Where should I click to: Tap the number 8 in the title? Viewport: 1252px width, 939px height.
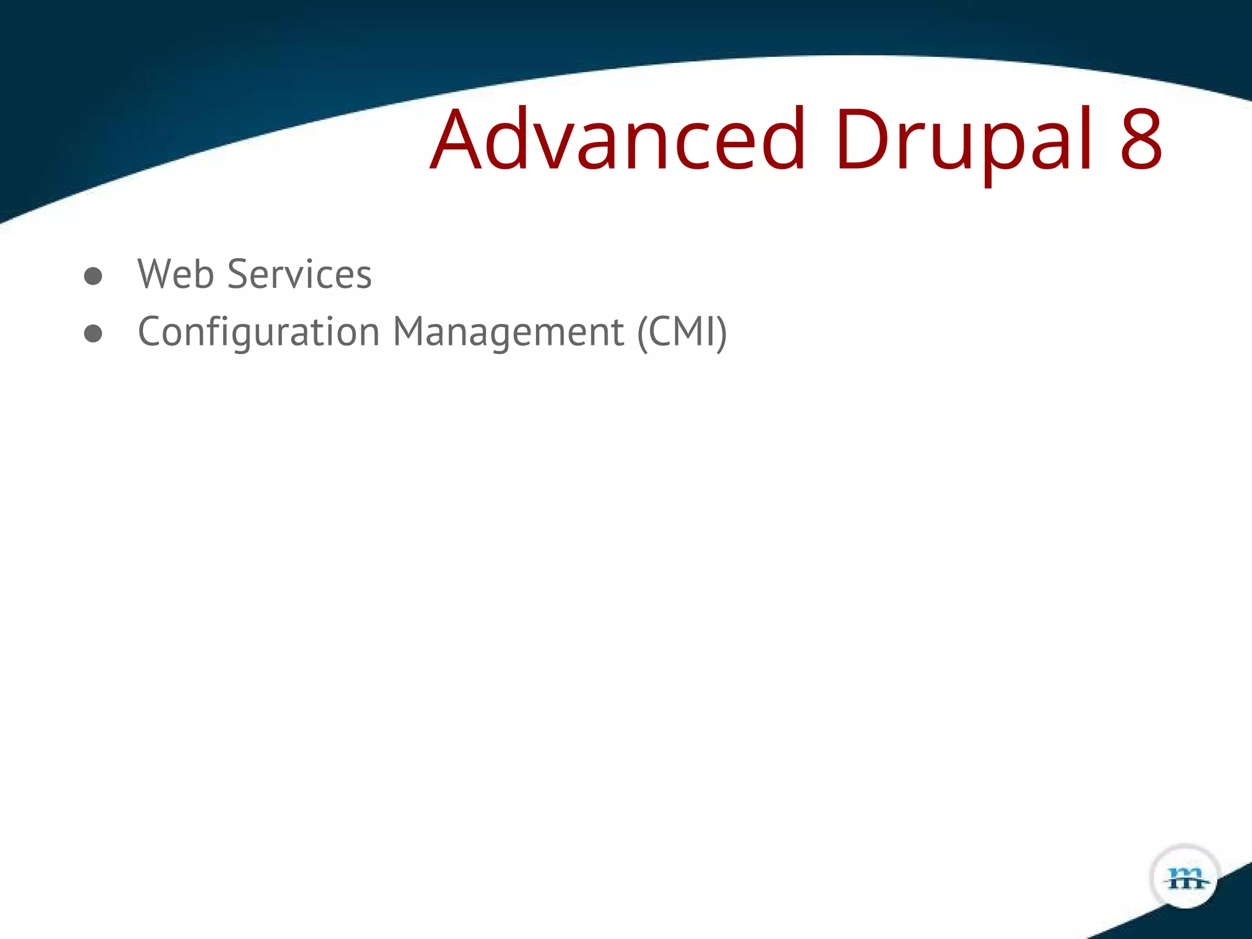[1141, 139]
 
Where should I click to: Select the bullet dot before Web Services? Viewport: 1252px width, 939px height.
[93, 276]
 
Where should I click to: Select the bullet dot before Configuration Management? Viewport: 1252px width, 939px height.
[93, 333]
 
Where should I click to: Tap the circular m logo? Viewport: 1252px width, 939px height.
[1185, 877]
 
